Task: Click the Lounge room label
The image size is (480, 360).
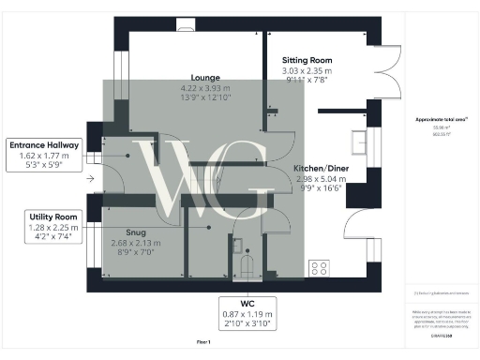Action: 205,78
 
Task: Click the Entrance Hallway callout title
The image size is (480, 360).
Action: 45,145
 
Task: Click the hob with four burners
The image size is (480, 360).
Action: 319,267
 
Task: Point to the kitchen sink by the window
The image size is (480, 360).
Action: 360,142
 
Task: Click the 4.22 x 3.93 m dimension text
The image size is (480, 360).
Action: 205,88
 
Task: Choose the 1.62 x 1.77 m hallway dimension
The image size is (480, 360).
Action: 45,157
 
